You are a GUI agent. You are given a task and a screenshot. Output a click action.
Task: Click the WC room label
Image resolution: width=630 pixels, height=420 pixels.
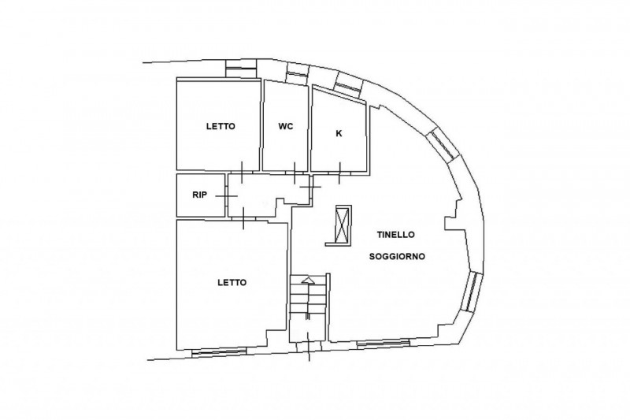click(286, 126)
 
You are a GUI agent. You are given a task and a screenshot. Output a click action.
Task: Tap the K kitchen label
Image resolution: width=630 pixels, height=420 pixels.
click(339, 133)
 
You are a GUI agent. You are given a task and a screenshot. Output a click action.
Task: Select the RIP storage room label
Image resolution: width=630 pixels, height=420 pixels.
click(200, 195)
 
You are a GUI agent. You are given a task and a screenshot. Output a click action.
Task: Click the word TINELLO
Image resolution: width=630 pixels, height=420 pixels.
click(395, 235)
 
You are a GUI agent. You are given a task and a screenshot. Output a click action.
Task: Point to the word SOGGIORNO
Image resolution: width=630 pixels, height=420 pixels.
click(397, 256)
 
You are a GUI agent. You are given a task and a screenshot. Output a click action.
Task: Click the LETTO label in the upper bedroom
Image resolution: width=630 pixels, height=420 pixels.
click(220, 126)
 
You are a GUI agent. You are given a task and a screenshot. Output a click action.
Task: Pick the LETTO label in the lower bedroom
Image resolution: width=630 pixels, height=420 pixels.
click(232, 283)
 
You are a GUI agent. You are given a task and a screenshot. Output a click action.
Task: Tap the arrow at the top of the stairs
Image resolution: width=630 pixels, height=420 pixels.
click(307, 281)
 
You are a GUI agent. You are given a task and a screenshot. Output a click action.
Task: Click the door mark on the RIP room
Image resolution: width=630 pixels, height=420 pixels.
click(227, 196)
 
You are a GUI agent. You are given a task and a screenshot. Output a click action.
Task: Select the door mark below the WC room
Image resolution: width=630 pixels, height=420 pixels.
click(295, 173)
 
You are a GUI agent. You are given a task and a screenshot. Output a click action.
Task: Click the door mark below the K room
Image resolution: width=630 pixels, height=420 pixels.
click(339, 173)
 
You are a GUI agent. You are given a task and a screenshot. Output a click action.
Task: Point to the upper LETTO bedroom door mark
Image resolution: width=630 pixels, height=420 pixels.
click(242, 172)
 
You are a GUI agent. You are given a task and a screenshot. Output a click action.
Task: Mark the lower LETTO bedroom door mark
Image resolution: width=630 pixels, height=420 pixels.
click(243, 218)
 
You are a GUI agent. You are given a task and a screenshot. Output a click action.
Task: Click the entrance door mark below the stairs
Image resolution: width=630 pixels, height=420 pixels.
click(308, 347)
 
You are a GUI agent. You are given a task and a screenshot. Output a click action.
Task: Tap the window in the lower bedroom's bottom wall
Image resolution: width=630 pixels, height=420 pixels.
click(219, 352)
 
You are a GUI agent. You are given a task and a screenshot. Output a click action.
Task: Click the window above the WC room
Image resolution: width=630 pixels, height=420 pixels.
click(298, 74)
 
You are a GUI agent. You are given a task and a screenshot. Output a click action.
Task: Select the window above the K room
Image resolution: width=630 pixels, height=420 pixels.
click(348, 86)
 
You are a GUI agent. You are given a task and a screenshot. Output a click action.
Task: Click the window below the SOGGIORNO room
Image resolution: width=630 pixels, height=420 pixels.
click(384, 343)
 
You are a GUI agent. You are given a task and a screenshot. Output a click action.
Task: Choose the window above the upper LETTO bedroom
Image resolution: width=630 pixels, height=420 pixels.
click(241, 69)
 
